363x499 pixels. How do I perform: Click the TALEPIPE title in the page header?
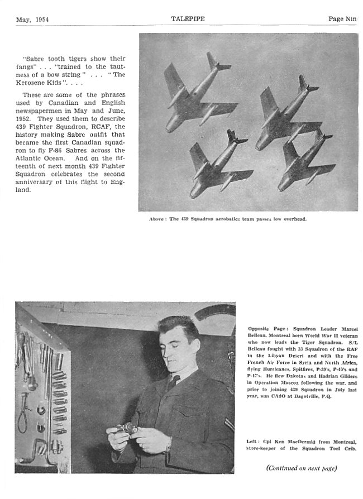[188, 18]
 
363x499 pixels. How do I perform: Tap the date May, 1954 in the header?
[32, 19]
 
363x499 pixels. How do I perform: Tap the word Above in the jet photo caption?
[157, 219]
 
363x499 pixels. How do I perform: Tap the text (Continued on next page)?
[302, 467]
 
